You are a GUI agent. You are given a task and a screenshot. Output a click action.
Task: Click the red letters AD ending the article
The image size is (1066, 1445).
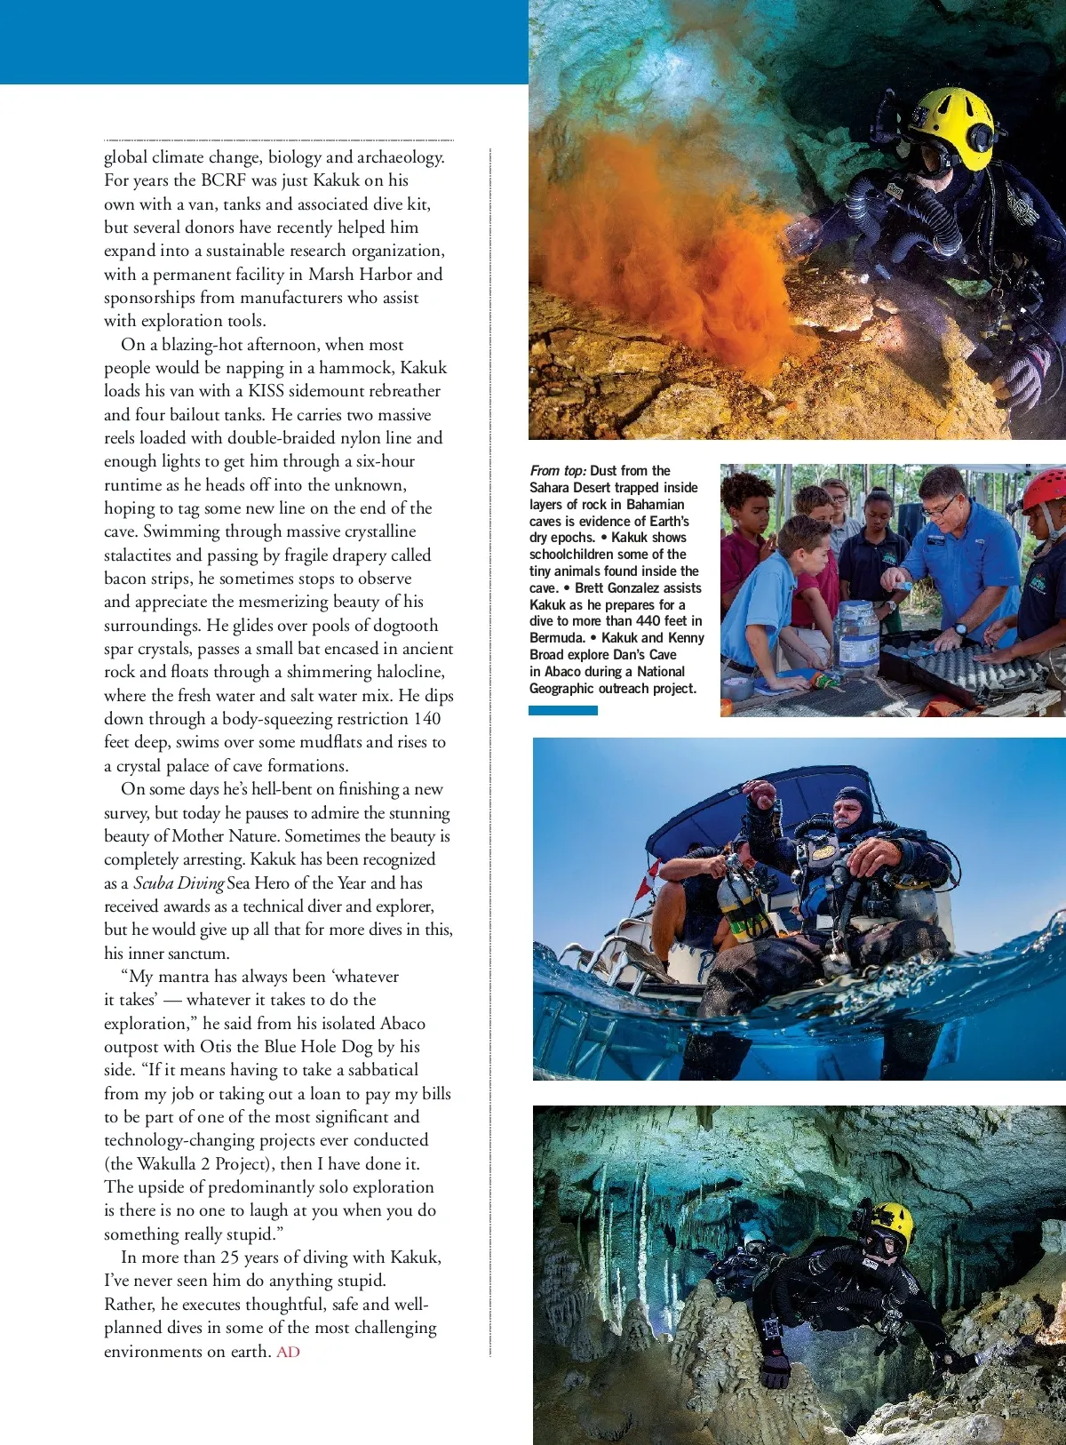(288, 1352)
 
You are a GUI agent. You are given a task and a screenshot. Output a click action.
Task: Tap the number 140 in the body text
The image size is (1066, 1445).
(426, 719)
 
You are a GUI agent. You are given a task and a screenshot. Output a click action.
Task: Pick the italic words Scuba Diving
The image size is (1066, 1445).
(179, 883)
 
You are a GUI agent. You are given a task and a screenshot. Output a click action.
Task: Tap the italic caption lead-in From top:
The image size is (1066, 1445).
(558, 471)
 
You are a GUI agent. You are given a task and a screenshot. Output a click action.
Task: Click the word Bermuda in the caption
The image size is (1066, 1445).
(556, 638)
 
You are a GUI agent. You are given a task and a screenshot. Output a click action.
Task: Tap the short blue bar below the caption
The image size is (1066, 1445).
(562, 711)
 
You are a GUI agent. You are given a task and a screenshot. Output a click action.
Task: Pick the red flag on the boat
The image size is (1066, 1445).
(642, 890)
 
